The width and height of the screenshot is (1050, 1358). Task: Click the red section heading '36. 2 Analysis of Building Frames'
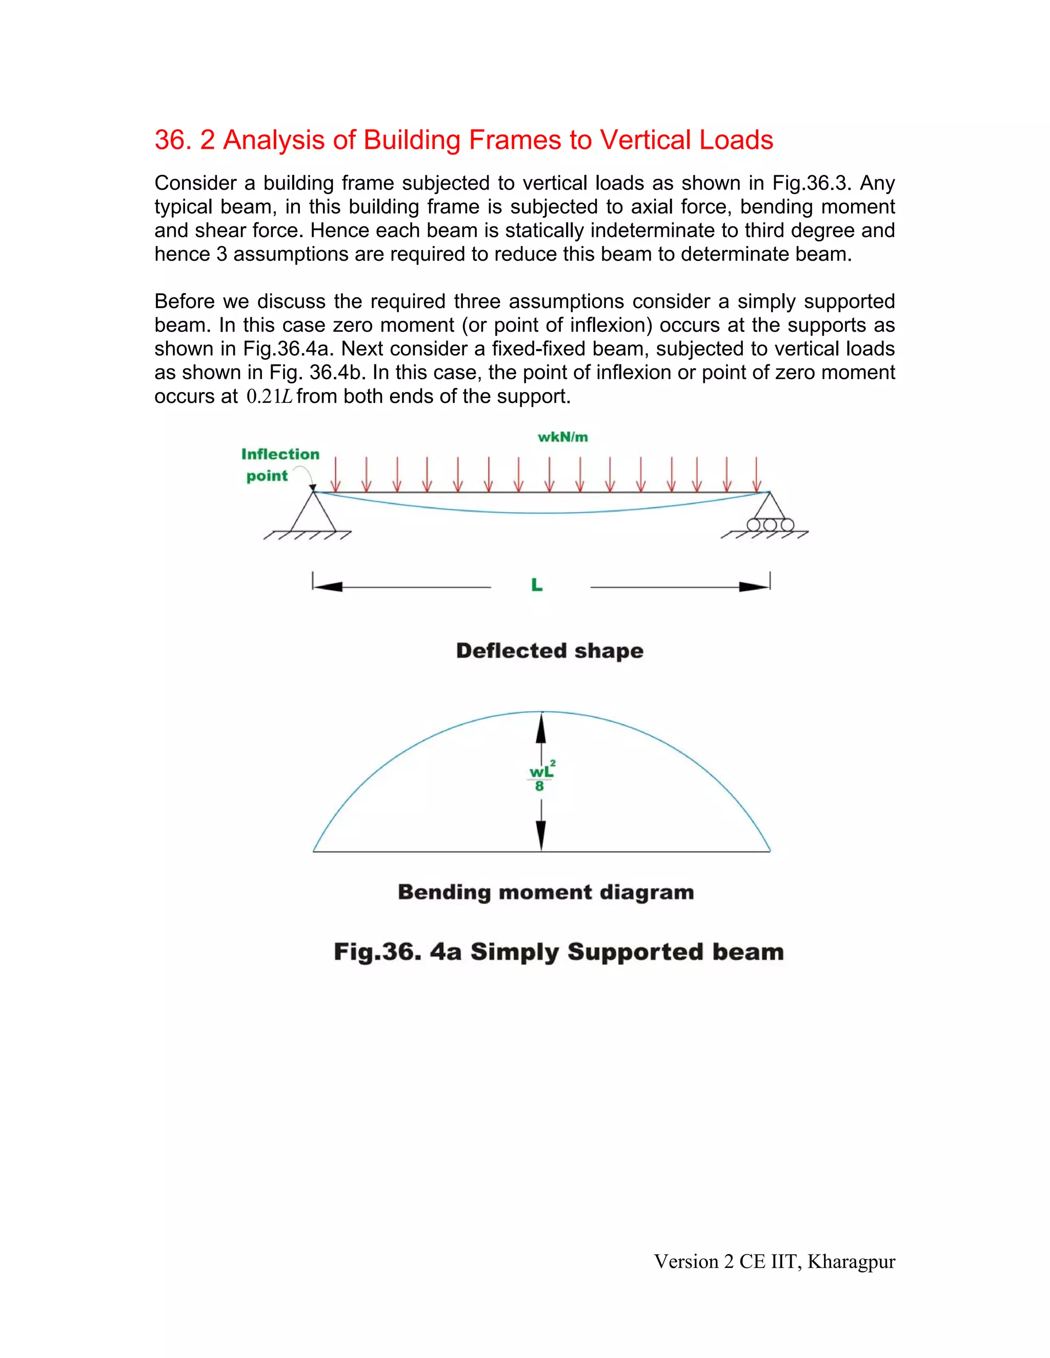tap(463, 140)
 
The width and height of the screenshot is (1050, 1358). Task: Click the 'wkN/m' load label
tap(562, 437)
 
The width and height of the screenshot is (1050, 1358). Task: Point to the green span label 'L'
tap(537, 585)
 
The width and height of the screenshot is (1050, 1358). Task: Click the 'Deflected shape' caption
tap(549, 651)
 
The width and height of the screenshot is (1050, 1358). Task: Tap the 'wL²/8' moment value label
tap(540, 778)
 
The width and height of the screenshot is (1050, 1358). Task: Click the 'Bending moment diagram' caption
tap(546, 892)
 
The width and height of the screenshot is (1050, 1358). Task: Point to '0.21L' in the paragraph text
tap(269, 397)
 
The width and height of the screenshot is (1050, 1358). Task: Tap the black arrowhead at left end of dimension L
tap(328, 586)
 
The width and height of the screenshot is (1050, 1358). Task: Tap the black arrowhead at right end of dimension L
tap(754, 586)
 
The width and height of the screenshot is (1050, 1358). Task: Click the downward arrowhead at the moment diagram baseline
tap(541, 835)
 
